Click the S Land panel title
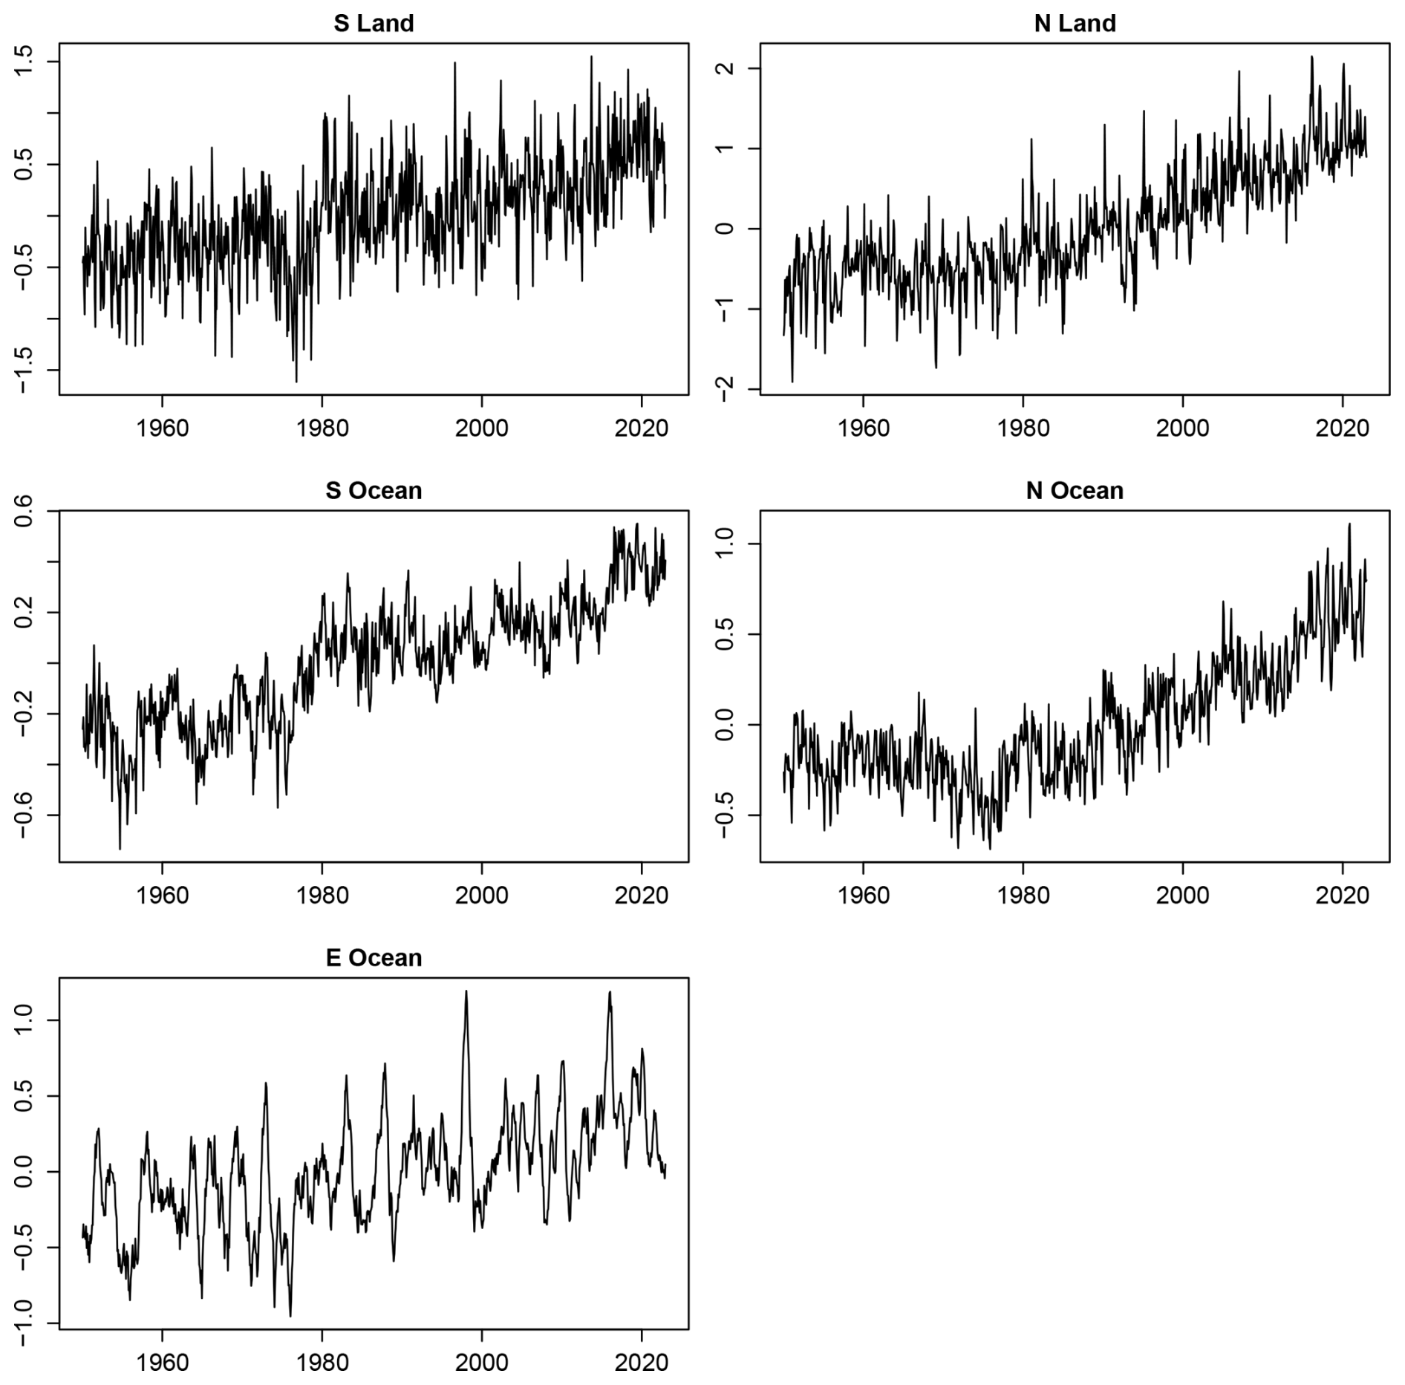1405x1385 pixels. pos(374,24)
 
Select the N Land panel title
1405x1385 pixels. pos(1075,24)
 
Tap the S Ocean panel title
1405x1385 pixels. pos(374,491)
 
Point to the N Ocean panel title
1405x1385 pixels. pos(1075,491)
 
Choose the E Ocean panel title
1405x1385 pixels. pos(374,958)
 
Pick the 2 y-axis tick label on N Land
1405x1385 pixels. pos(726,68)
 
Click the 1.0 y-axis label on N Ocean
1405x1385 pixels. pos(726,544)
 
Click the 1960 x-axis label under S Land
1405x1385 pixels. pos(162,429)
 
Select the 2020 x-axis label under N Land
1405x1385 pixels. pos(1343,429)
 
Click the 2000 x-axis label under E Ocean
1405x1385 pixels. pos(482,1363)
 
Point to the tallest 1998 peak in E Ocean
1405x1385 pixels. pos(466,992)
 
